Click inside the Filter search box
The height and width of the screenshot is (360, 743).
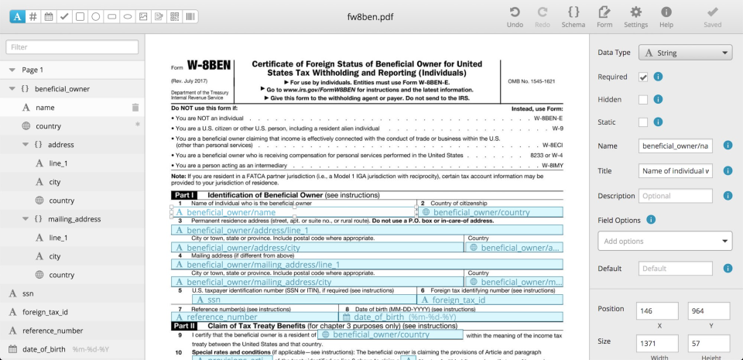coord(73,47)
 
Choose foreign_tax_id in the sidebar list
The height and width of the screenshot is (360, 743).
coord(45,313)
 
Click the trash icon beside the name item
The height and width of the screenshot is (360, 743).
coord(135,108)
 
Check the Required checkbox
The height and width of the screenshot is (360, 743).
coord(643,77)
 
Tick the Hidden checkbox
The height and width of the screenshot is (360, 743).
coord(643,99)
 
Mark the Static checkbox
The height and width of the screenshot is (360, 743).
coord(643,122)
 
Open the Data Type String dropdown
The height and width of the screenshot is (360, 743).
coord(684,53)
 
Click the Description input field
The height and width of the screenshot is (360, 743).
coord(675,196)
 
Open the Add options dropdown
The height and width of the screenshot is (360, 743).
coord(664,242)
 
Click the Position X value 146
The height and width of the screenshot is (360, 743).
coord(654,310)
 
